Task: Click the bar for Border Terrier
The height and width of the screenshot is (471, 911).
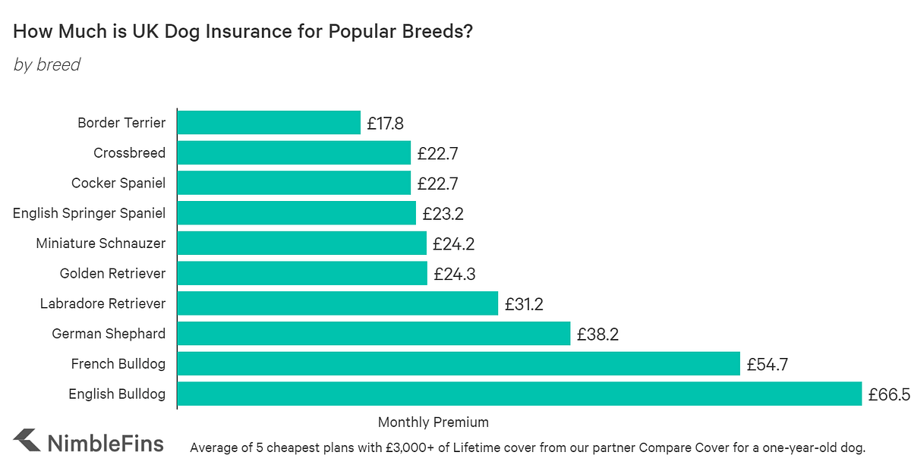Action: [x=269, y=123]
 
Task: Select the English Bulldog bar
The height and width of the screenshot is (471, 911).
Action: [x=519, y=394]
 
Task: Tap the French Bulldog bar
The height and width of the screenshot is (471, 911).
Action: [x=459, y=364]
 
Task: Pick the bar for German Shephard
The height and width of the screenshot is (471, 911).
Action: [x=374, y=334]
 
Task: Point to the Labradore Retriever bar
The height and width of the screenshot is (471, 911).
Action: [x=337, y=304]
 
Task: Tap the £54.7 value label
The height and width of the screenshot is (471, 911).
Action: [x=767, y=365]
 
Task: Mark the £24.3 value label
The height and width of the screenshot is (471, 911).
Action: [x=455, y=274]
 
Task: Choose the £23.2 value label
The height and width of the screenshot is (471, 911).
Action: [x=443, y=214]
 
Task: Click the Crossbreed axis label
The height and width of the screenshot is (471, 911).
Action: [x=129, y=153]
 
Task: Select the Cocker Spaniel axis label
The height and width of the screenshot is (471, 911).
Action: [x=118, y=184]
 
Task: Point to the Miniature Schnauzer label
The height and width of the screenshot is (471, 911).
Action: [x=101, y=243]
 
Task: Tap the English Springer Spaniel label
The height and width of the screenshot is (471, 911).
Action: [x=89, y=213]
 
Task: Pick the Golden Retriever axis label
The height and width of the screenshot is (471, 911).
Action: [x=112, y=274]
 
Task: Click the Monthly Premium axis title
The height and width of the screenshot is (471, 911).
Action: [x=433, y=422]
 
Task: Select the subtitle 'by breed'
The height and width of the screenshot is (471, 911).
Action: [x=47, y=65]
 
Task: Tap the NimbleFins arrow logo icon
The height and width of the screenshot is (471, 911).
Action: [x=27, y=441]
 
